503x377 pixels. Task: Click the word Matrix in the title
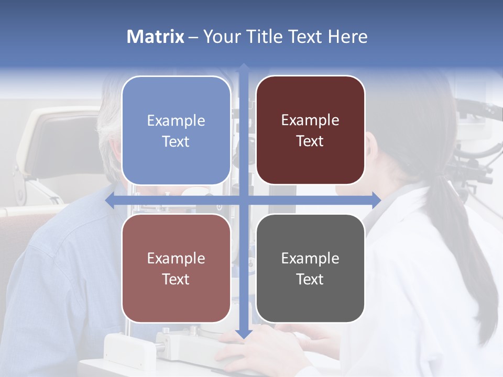pos(155,37)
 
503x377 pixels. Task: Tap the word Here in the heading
pos(347,37)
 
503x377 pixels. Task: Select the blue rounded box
pos(176,130)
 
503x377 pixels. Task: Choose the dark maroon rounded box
pos(310,130)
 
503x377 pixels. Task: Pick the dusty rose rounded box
pos(176,268)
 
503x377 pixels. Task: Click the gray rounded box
pos(310,268)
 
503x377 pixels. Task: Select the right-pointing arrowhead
pos(376,200)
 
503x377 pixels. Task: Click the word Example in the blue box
pos(176,120)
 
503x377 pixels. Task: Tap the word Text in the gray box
pos(310,279)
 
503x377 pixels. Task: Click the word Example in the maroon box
pos(310,120)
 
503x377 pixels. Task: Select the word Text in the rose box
pos(176,279)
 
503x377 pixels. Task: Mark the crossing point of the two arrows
pos(244,200)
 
